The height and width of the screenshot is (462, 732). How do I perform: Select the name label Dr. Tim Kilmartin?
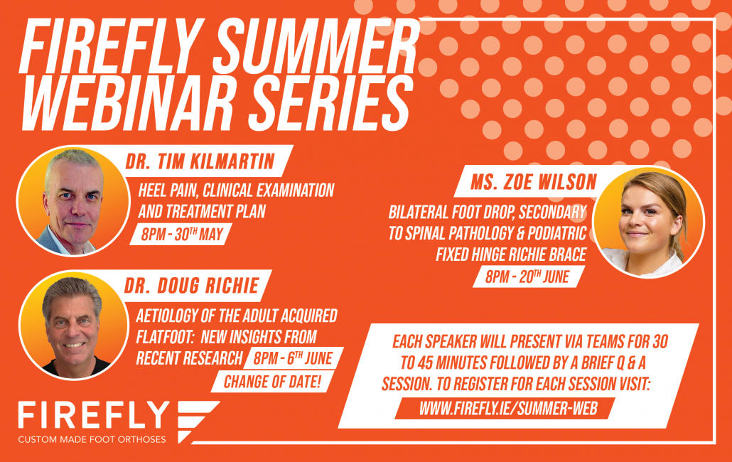coord(200,161)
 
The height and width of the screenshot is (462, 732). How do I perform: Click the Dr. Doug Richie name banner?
coord(191,286)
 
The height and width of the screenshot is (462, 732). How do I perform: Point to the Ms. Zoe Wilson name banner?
coord(534,181)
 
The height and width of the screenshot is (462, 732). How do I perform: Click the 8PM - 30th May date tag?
coord(182,235)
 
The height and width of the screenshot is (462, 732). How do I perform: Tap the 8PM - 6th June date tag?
coord(294,358)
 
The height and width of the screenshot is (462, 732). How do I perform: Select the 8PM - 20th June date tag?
coord(527,276)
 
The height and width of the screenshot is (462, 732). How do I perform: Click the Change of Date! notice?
coord(273,382)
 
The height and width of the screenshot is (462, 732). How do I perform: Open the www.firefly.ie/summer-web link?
coord(508,409)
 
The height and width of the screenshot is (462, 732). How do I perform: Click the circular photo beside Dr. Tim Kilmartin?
coord(73,201)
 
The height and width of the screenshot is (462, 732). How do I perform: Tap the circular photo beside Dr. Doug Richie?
coord(74,326)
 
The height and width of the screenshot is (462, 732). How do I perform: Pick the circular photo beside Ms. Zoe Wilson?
coord(648,222)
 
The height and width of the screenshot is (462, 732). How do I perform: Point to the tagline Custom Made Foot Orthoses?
coord(92,439)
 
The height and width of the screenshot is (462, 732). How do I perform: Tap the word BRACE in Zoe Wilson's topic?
coord(567,254)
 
